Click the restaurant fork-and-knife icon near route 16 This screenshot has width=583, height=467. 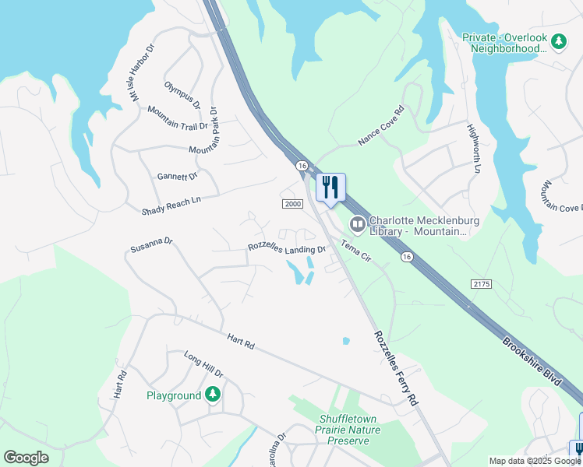point(330,188)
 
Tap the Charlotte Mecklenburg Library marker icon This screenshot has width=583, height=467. point(358,225)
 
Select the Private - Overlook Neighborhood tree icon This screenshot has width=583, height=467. point(558,40)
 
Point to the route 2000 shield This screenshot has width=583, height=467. point(291,204)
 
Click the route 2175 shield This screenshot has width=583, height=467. point(482,286)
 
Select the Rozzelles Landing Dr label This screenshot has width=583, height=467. point(286,248)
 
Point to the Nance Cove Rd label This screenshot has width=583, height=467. point(380,126)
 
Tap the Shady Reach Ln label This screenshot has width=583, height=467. point(171,205)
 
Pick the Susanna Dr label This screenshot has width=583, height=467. point(151,245)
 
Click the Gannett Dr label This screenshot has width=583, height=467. point(178,177)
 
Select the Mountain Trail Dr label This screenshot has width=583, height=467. point(178,118)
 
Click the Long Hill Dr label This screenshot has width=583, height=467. point(203,363)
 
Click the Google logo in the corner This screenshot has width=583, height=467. point(26,458)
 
